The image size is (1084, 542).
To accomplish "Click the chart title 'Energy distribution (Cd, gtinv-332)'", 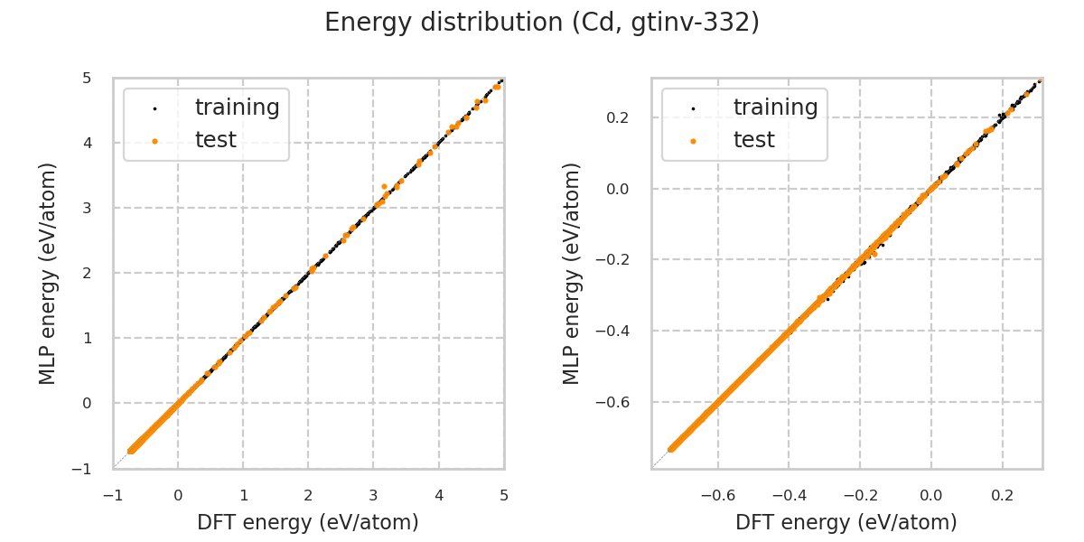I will pos(542,23).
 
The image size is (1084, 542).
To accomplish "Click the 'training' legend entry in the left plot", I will pos(237,107).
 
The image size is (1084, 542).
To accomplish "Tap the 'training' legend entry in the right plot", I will pos(775,107).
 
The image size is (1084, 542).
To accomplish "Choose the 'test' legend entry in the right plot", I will pos(753,140).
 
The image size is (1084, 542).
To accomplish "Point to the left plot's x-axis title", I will pos(308,522).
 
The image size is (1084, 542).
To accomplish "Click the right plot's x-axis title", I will pos(846,522).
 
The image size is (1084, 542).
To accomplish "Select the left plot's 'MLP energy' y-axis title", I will pos(48,273).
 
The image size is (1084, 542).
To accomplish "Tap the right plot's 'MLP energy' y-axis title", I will pos(572,273).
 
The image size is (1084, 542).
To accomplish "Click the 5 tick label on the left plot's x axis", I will pos(504,496).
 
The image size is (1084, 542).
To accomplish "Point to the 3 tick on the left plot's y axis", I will pos(88,208).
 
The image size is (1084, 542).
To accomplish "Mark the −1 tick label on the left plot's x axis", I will pos(113,496).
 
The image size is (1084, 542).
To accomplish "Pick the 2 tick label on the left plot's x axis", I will pos(308,496).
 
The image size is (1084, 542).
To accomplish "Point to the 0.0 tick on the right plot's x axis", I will pos(931,496).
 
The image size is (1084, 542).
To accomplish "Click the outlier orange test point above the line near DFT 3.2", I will pos(384,186).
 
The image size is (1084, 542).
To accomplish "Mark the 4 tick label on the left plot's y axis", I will pos(88,143).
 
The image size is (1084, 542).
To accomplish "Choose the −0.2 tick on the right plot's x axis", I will pos(860,496).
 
